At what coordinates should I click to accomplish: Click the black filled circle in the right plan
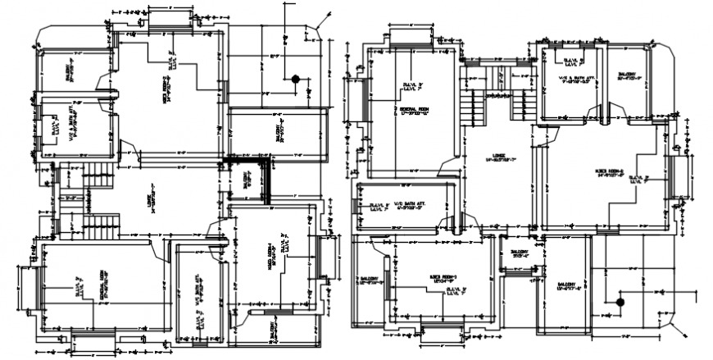click(x=620, y=303)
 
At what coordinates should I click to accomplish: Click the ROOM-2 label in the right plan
click(x=610, y=172)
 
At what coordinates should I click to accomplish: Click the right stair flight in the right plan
click(x=518, y=107)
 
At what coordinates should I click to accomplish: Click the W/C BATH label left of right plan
click(x=406, y=207)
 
